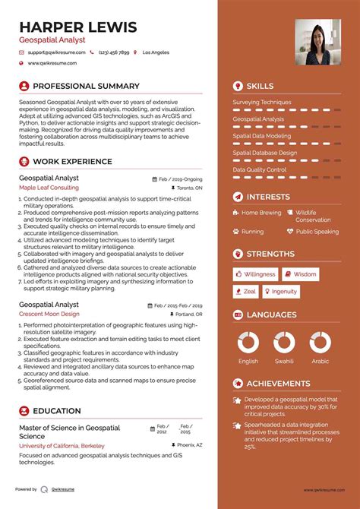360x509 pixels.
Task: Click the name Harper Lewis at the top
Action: (x=78, y=27)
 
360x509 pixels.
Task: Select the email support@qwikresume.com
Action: (x=55, y=52)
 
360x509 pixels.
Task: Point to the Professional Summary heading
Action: (x=86, y=86)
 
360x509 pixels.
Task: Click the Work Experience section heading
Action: (x=73, y=161)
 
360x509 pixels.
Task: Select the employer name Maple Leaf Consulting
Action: (x=49, y=187)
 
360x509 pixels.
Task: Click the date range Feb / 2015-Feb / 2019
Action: (x=178, y=305)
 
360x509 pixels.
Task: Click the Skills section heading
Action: (x=260, y=86)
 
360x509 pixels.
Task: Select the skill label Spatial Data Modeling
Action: (x=261, y=136)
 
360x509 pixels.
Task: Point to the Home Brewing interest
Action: (x=261, y=213)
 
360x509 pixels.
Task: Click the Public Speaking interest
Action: (x=317, y=231)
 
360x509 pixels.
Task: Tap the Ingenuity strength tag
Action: (x=280, y=292)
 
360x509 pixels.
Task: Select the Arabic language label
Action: (x=320, y=362)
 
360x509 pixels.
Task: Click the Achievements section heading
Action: (x=278, y=384)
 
